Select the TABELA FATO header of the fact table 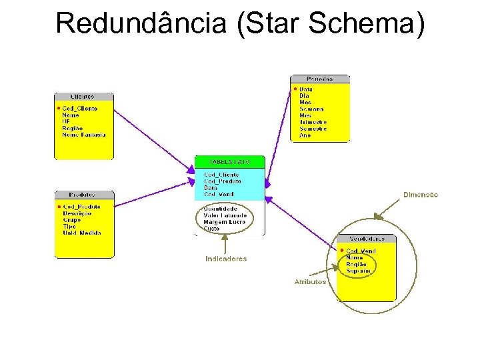(x=229, y=161)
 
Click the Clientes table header (x=83, y=97)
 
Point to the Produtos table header (x=83, y=195)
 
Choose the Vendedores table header (x=366, y=239)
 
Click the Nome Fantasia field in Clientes (x=83, y=135)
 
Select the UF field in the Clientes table (x=66, y=121)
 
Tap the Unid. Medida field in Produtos (x=82, y=233)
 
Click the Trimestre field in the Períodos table (x=313, y=122)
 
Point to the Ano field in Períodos (x=305, y=135)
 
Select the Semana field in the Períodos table (x=311, y=109)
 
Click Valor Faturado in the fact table (x=225, y=215)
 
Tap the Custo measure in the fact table (x=211, y=229)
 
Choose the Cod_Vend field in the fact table (x=219, y=194)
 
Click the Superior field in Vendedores (x=359, y=271)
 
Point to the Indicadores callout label (x=225, y=259)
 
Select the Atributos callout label (x=310, y=281)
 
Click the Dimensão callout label (x=421, y=195)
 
